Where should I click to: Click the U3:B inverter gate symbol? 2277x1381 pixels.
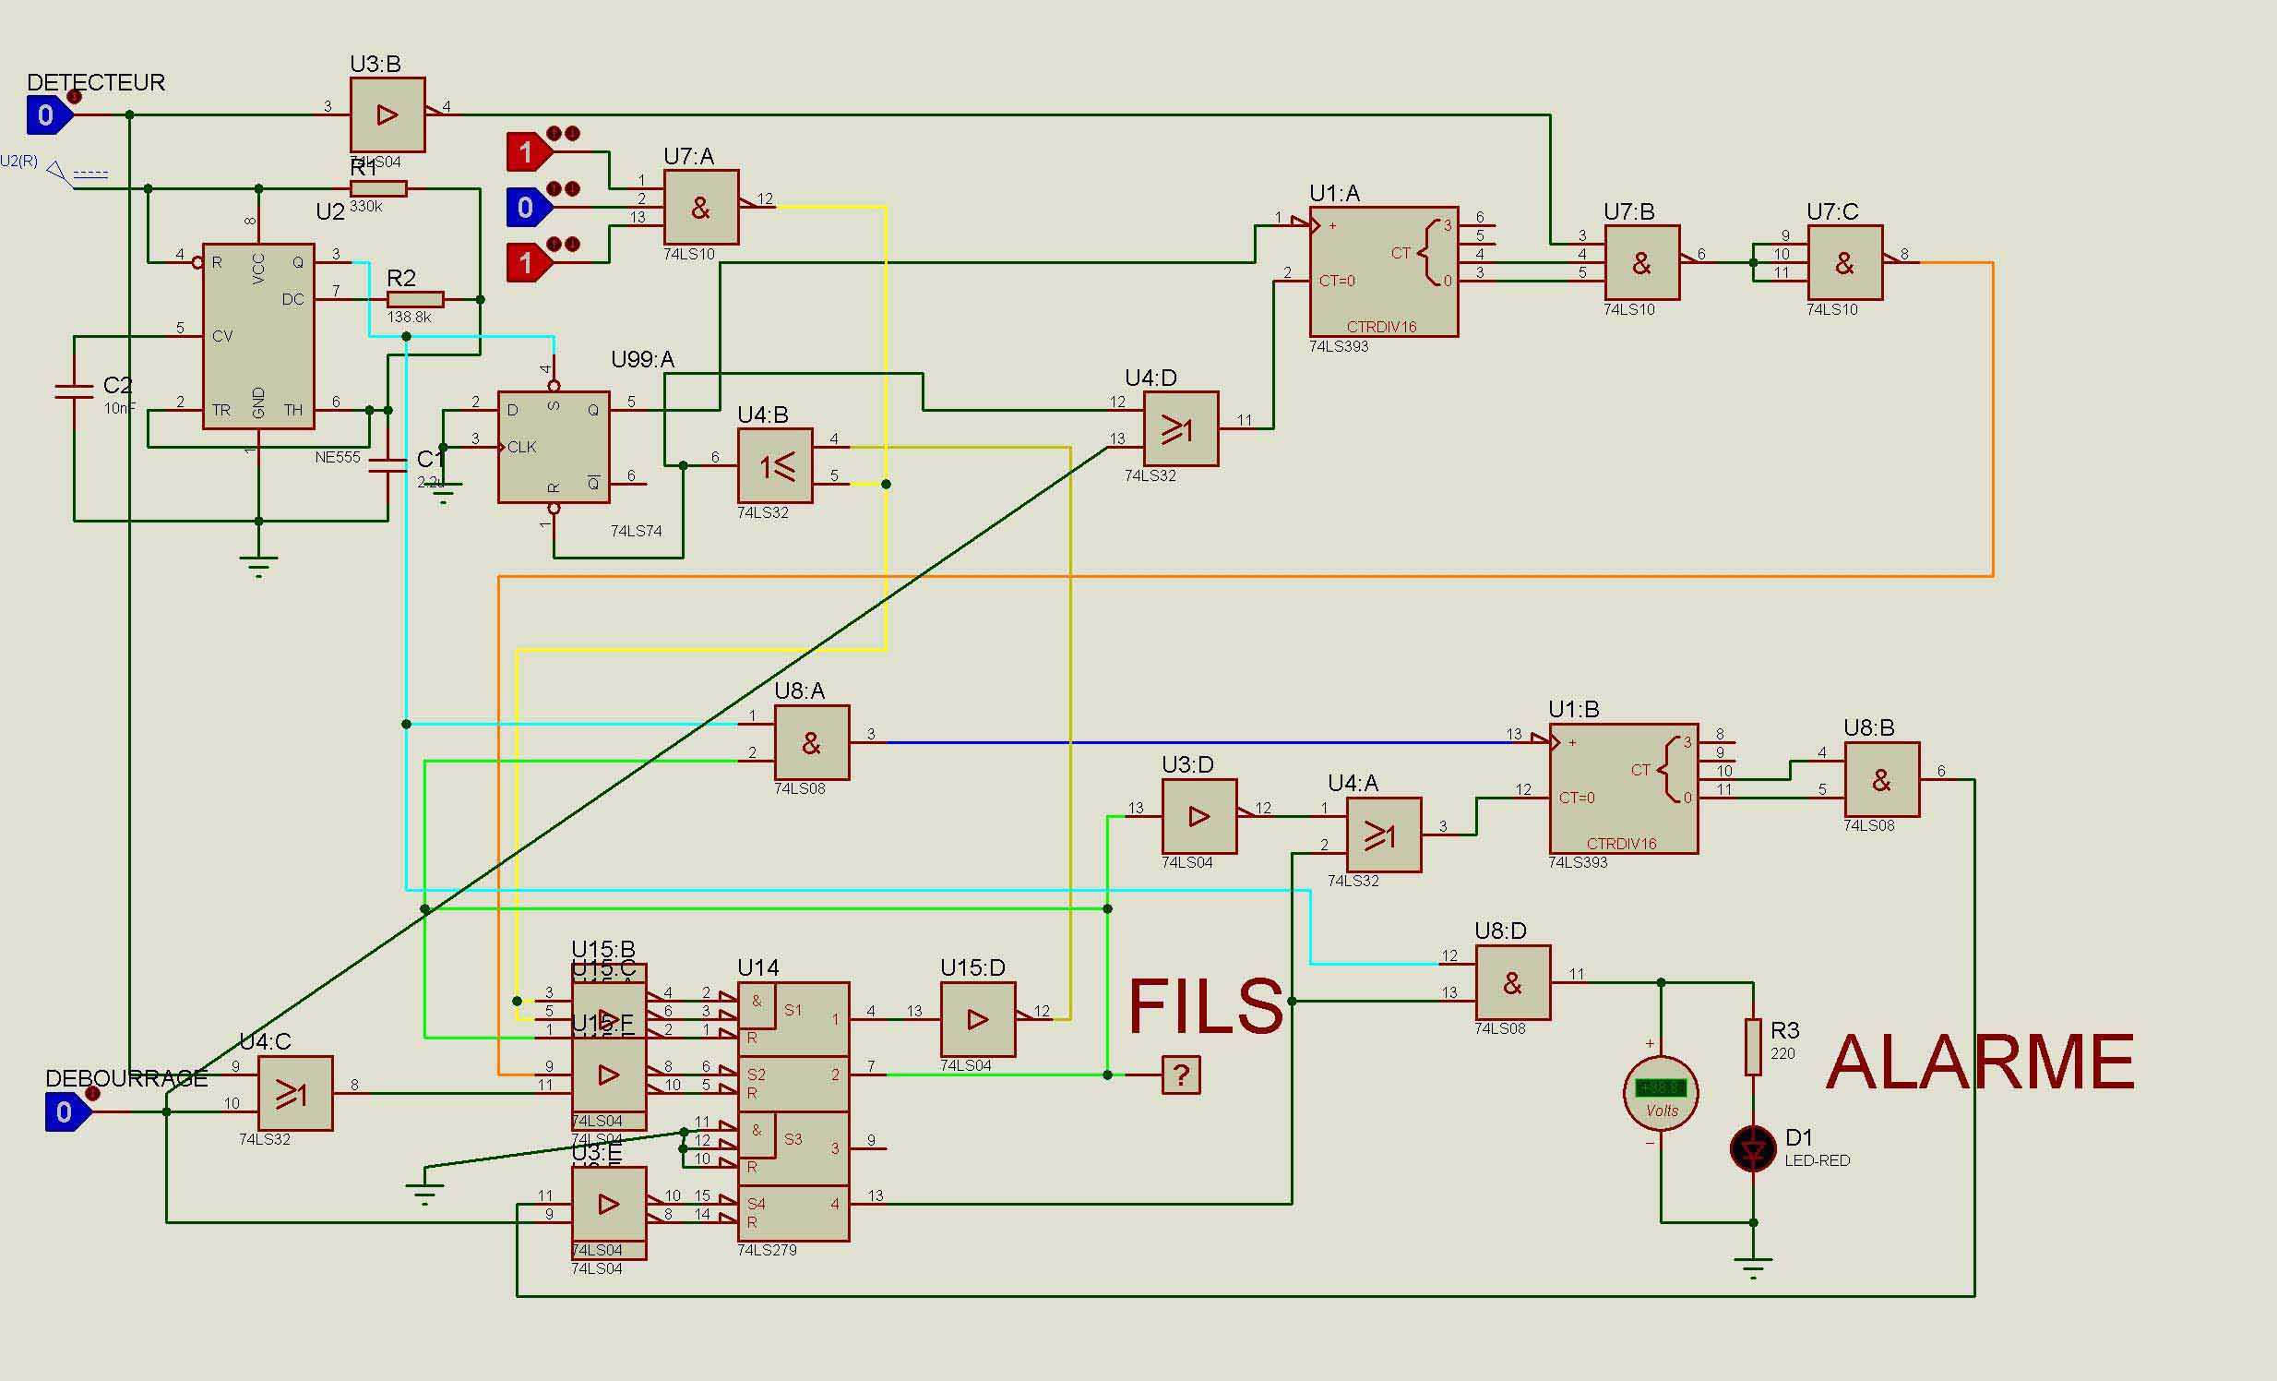387,114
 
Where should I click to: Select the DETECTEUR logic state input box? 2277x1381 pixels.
46,115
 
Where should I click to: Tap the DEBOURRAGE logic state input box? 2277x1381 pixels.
65,1111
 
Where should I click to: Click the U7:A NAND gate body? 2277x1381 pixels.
700,207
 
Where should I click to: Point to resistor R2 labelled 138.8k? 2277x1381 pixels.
415,299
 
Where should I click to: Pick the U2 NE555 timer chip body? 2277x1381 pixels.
258,335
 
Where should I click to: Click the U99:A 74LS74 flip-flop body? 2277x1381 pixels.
554,447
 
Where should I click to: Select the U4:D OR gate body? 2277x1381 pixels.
1180,429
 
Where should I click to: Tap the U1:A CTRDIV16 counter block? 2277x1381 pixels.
1383,270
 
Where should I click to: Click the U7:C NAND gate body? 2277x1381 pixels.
1844,262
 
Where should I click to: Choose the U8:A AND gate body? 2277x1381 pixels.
811,742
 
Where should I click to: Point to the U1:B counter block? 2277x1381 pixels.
1623,787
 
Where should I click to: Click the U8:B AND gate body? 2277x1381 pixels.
1881,779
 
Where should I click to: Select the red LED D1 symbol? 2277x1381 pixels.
1752,1149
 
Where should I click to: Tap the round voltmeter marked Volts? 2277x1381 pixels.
1661,1093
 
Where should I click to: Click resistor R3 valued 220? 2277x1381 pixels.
1752,1047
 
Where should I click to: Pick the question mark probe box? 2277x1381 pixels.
1180,1075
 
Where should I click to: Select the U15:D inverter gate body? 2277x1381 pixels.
977,1018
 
